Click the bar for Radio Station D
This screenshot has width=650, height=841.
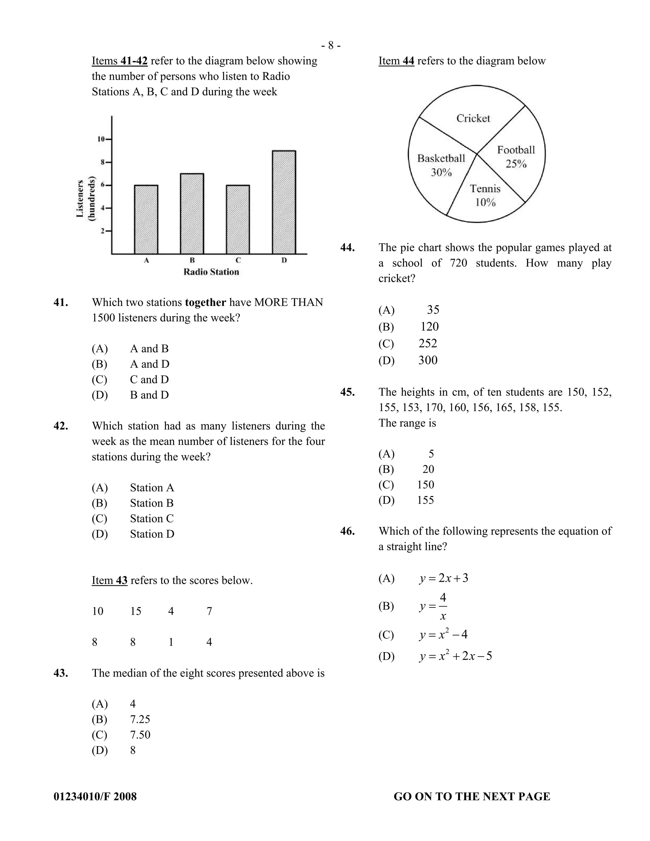point(284,202)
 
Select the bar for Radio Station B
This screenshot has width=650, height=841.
point(192,214)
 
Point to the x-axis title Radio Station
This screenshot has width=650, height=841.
point(211,272)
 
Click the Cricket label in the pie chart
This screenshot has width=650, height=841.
point(473,118)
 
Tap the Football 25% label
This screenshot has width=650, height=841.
point(516,157)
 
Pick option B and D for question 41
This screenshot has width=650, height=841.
point(149,395)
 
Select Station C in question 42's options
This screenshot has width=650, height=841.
point(152,519)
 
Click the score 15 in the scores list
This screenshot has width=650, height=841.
point(136,612)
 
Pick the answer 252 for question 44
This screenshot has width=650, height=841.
point(428,343)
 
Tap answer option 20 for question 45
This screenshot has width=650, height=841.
point(428,469)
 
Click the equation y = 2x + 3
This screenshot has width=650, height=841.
point(444,578)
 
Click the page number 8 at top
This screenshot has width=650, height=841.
point(331,46)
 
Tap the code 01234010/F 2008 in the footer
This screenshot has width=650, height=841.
point(95,796)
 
